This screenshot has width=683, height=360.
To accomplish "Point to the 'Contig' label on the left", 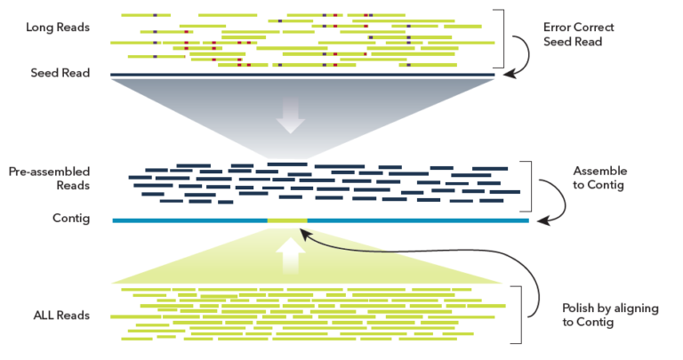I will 72,219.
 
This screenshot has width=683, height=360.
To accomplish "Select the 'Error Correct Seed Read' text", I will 578,35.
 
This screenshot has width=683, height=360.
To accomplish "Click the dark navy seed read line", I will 302,75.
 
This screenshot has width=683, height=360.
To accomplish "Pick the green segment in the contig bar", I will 287,220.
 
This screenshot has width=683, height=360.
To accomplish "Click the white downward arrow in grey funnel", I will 290,115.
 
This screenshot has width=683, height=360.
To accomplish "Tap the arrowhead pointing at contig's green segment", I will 306,233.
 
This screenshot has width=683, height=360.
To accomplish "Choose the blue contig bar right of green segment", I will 418,220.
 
